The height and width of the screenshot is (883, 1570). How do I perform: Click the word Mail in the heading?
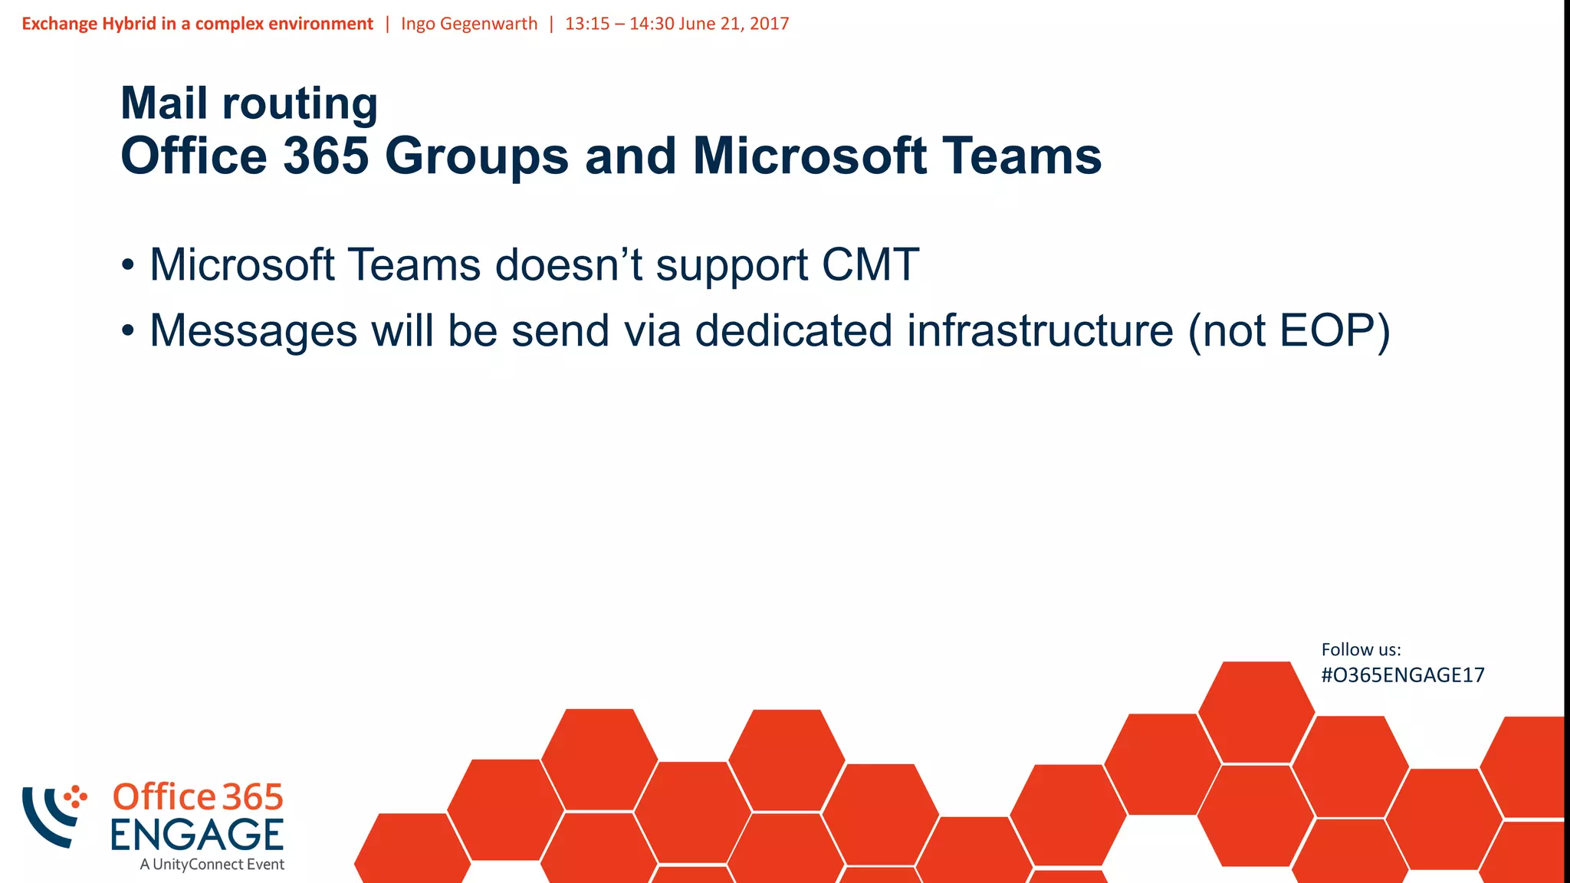tap(164, 103)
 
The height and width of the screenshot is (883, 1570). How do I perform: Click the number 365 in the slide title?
tap(326, 156)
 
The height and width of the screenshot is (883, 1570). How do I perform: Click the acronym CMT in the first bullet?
tap(870, 265)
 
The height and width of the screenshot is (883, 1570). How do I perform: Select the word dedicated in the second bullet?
tap(793, 331)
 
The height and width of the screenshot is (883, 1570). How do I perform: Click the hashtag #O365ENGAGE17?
tap(1402, 675)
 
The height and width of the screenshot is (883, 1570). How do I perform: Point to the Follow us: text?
tap(1361, 649)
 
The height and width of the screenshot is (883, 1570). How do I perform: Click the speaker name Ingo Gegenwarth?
tap(469, 24)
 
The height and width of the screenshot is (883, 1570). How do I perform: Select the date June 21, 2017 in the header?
tap(734, 24)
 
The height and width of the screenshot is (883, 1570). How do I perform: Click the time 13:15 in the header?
tap(587, 24)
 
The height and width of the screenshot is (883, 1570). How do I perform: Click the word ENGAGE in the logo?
tap(197, 835)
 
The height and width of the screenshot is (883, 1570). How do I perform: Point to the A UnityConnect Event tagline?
tap(212, 865)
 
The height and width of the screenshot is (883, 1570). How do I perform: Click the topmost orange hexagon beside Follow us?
tap(1256, 711)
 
